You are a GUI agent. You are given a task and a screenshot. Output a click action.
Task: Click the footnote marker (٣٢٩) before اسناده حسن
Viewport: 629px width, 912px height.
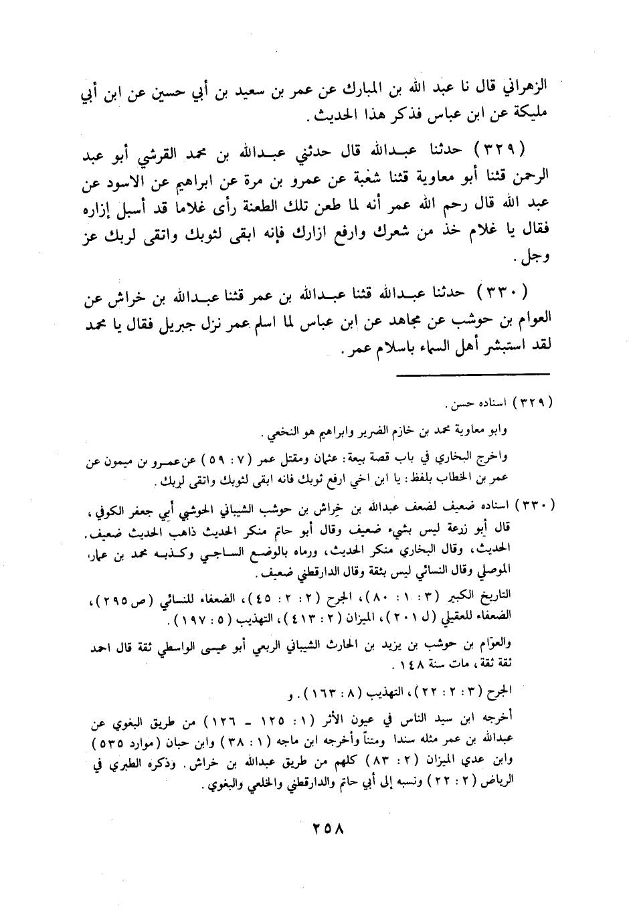(x=533, y=403)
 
